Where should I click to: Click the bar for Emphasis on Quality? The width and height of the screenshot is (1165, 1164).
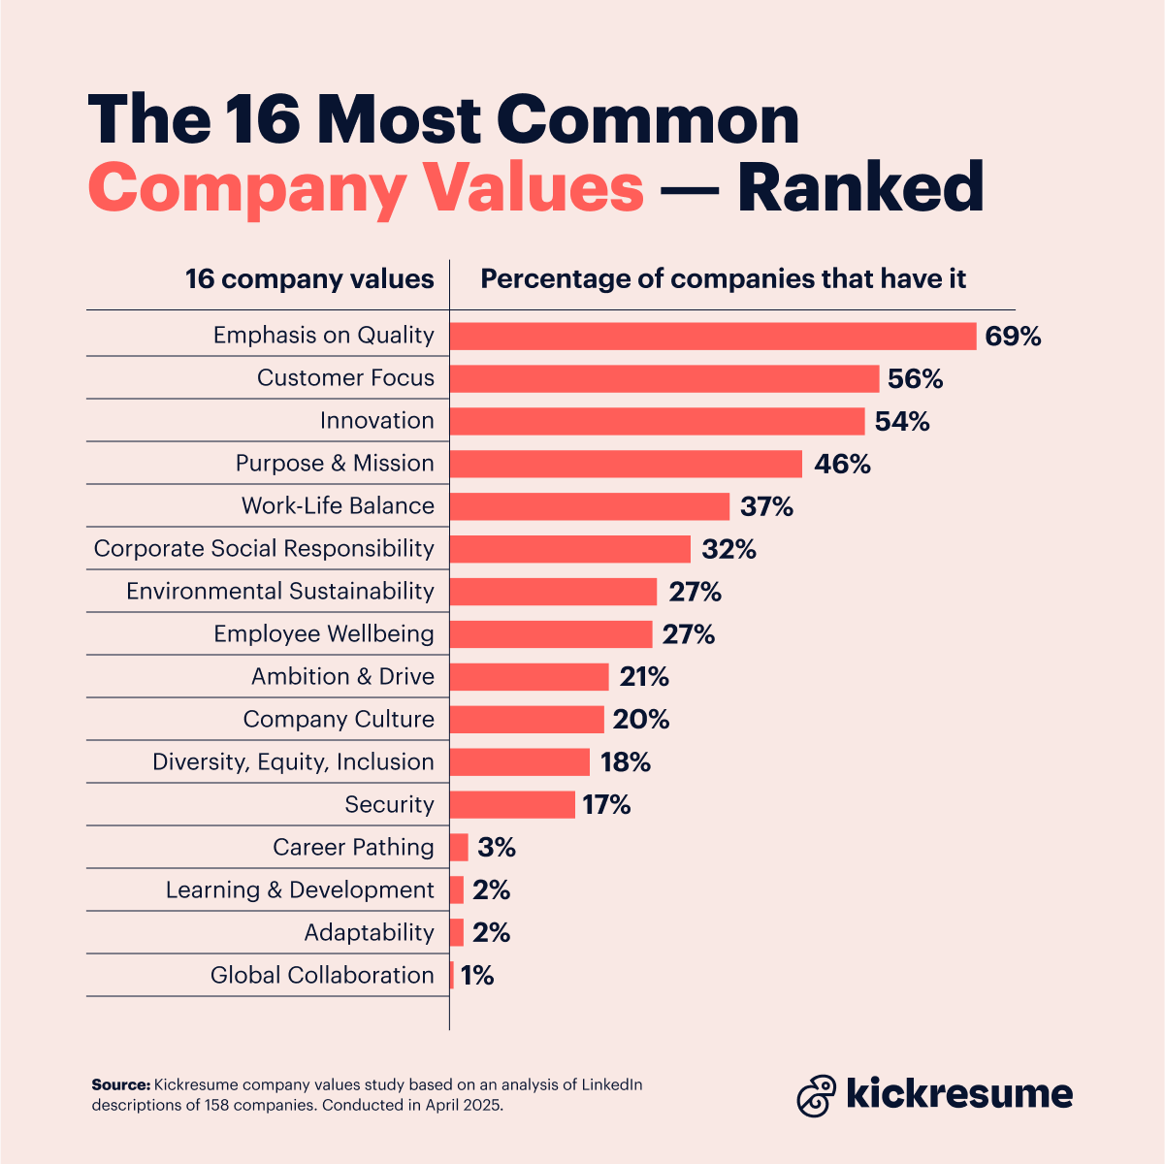pyautogui.click(x=713, y=336)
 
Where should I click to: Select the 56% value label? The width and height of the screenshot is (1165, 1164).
pyautogui.click(x=915, y=379)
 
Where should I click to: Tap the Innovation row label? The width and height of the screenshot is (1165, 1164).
pyautogui.click(x=376, y=421)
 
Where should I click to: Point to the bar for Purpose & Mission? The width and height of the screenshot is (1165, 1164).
pyautogui.click(x=626, y=464)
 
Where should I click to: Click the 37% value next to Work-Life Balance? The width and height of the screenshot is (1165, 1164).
pyautogui.click(x=766, y=506)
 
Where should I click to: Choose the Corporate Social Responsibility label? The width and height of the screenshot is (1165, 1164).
pyautogui.click(x=264, y=549)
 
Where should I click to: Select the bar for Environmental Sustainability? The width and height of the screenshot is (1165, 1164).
pyautogui.click(x=553, y=592)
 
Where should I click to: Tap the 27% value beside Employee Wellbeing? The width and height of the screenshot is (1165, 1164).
pyautogui.click(x=688, y=634)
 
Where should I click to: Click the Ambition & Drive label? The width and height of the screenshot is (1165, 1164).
pyautogui.click(x=342, y=677)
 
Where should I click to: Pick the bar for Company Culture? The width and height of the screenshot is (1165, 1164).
pyautogui.click(x=527, y=720)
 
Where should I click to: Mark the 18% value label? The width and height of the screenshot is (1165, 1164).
pyautogui.click(x=625, y=762)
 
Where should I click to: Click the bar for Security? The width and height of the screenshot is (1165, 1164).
pyautogui.click(x=512, y=805)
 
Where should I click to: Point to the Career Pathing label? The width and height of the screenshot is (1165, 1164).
pyautogui.click(x=353, y=848)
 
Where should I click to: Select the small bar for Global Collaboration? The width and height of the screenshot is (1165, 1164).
pyautogui.click(x=452, y=976)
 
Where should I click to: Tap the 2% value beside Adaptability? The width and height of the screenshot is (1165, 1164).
pyautogui.click(x=491, y=933)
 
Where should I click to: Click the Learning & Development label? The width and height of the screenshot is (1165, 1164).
pyautogui.click(x=300, y=890)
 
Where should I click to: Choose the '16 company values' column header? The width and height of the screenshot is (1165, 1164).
pyautogui.click(x=309, y=279)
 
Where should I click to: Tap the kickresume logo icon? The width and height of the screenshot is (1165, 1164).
pyautogui.click(x=816, y=1094)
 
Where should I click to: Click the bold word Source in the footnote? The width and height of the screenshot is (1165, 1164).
pyautogui.click(x=120, y=1085)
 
